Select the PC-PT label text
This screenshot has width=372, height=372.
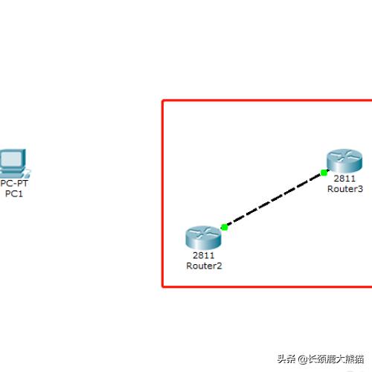point(14,184)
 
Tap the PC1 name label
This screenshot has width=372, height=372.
point(14,193)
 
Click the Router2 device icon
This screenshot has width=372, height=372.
point(203,237)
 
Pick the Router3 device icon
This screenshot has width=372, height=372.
point(344,161)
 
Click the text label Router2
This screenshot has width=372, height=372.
point(204,266)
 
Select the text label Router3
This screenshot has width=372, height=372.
point(345,189)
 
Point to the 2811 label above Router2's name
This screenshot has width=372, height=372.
point(204,255)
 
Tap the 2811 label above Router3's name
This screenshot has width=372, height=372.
point(344,179)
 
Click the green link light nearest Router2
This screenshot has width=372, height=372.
point(225,227)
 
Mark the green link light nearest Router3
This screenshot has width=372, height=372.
point(324,173)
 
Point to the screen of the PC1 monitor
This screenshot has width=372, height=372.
point(11,158)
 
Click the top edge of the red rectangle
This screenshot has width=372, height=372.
point(267,100)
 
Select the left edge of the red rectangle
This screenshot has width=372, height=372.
point(163,193)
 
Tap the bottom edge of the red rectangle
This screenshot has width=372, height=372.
point(267,286)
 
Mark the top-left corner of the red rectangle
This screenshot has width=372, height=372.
point(163,100)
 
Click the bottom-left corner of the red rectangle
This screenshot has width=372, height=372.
point(163,286)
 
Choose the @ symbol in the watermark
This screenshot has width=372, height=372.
point(303,359)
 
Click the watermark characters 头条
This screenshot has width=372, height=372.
point(286,359)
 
